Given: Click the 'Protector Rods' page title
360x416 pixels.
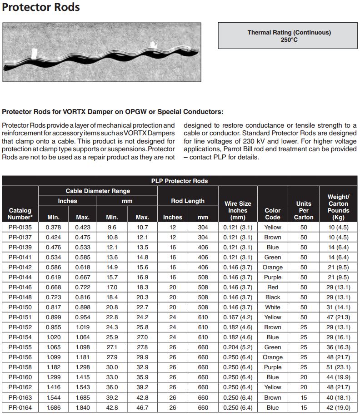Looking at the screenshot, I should click(41, 8).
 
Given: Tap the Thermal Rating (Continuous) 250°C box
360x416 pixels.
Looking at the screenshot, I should click(289, 36).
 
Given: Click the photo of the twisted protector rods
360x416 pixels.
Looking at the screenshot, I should click(102, 52).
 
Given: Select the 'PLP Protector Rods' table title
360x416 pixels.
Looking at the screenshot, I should click(180, 181).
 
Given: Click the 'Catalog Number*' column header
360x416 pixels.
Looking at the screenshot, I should click(20, 213).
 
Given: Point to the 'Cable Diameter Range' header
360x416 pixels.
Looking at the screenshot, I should click(98, 191).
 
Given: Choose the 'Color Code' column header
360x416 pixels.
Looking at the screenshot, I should click(272, 213).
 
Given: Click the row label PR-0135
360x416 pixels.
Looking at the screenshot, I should click(20, 227).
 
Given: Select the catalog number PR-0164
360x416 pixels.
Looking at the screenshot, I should click(20, 407).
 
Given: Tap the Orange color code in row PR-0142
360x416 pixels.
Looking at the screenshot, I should click(272, 267).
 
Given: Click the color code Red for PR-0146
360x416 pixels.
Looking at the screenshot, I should click(272, 287).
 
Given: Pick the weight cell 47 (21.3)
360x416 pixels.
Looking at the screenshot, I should click(339, 317).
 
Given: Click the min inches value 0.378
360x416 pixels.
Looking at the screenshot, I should click(53, 227).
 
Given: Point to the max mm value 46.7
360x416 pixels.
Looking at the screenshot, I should click(142, 407).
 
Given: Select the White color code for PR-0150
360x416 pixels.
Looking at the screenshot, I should click(272, 307).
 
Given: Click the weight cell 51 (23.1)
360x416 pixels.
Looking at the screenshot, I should click(339, 367).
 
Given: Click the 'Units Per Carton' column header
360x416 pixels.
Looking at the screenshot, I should click(304, 210).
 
